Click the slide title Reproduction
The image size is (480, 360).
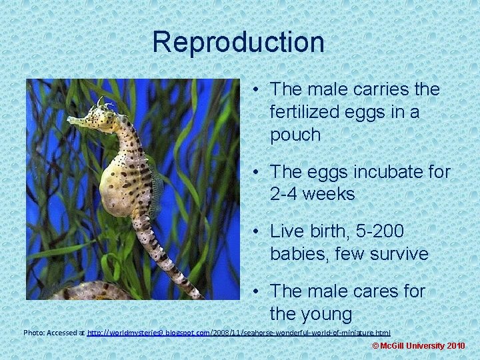point(238,43)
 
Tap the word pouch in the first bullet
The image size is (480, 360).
point(295,135)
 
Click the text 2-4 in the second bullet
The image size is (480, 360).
point(286,195)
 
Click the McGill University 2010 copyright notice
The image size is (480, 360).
point(418,346)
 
